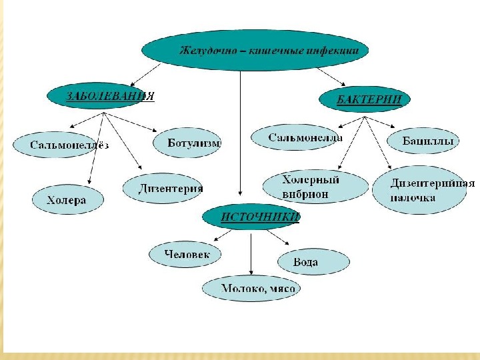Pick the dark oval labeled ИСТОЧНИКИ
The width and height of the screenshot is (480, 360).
pyautogui.click(x=251, y=217)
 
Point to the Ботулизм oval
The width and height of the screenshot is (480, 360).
pyautogui.click(x=187, y=143)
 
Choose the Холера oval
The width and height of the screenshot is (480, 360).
pyautogui.click(x=67, y=199)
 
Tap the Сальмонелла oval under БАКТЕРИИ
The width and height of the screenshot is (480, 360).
pyautogui.click(x=297, y=138)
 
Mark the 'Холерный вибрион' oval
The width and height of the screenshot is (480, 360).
pyautogui.click(x=315, y=187)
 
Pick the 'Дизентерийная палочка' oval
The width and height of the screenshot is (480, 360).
pyautogui.click(x=423, y=191)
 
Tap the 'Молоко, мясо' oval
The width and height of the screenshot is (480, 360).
pyautogui.click(x=250, y=289)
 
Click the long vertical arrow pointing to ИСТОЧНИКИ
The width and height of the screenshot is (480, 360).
pyautogui.click(x=240, y=133)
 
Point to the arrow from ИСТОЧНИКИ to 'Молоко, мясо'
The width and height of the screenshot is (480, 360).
pyautogui.click(x=250, y=250)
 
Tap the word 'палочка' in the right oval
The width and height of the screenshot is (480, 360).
pyautogui.click(x=414, y=198)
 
